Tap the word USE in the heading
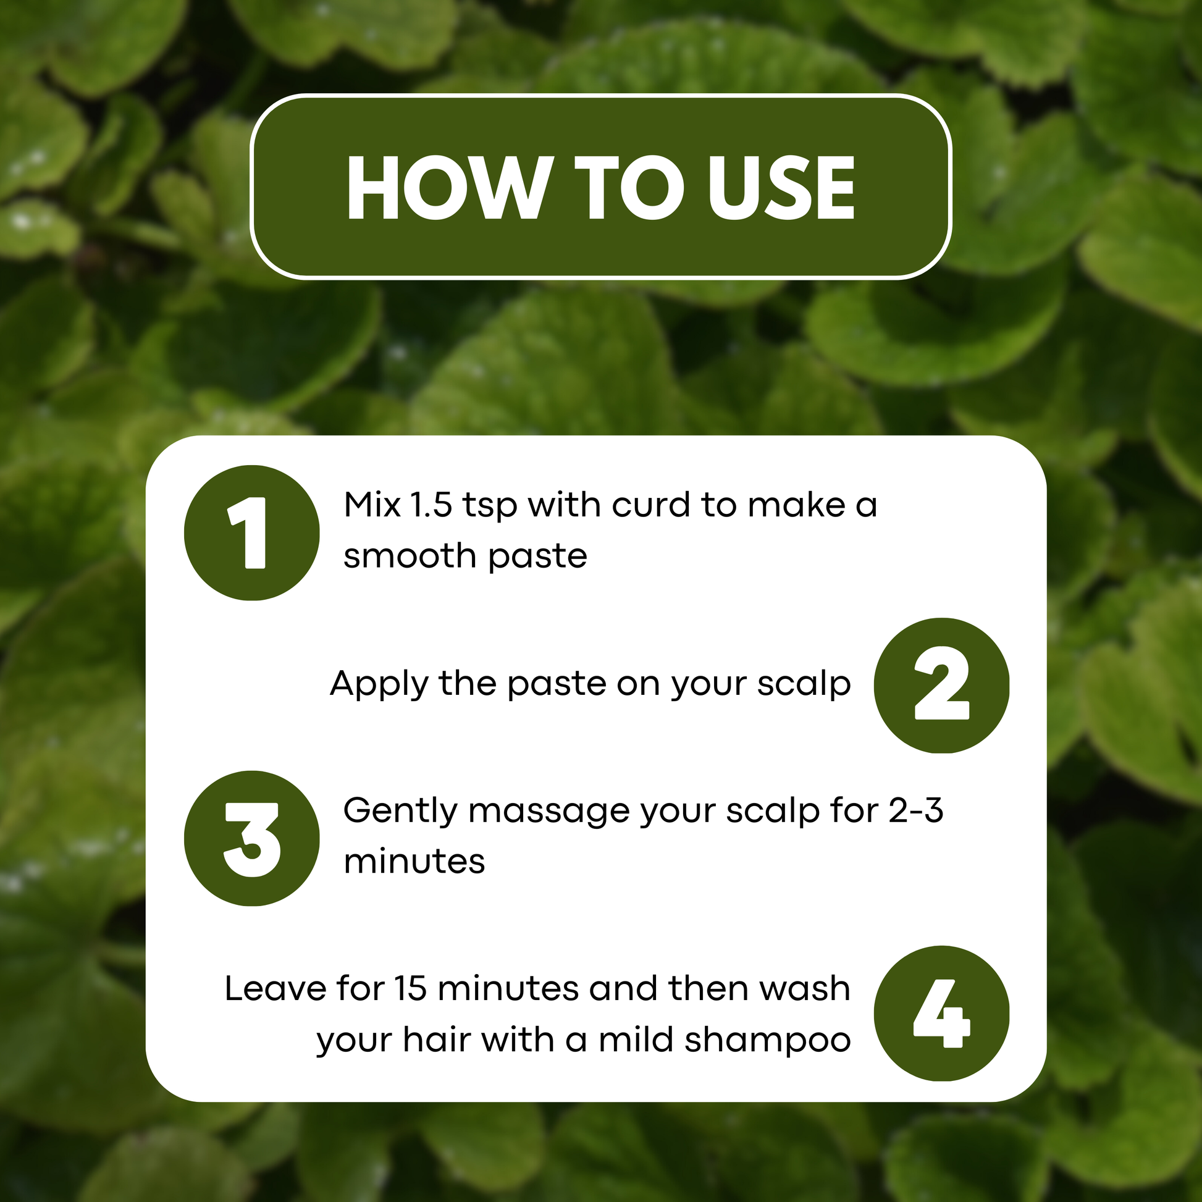tap(781, 187)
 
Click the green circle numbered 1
tap(252, 532)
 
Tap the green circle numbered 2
tap(941, 686)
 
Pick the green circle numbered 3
tap(252, 839)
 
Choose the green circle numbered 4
tap(941, 1013)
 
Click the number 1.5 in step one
tap(431, 505)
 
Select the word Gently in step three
tap(401, 811)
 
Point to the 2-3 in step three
tap(916, 810)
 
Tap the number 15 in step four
tap(411, 989)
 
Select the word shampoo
tap(768, 1040)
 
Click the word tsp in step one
tap(490, 506)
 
